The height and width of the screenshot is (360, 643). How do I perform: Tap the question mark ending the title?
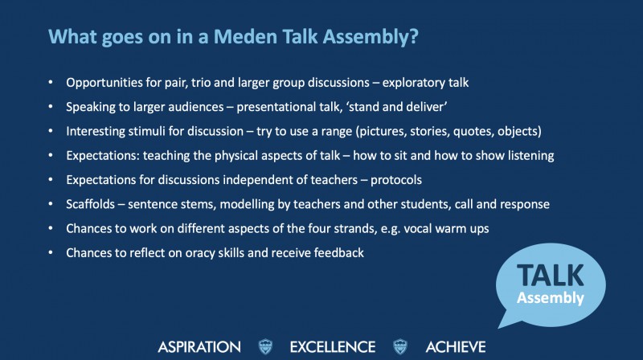pyautogui.click(x=413, y=36)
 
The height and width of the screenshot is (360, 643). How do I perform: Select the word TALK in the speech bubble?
pyautogui.click(x=550, y=275)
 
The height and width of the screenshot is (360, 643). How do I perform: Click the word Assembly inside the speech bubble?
pyautogui.click(x=550, y=298)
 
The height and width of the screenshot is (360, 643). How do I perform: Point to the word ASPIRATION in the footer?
pyautogui.click(x=199, y=347)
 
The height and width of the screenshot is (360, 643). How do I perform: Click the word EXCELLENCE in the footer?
pyautogui.click(x=333, y=347)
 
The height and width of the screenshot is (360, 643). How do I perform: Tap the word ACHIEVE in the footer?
pyautogui.click(x=456, y=347)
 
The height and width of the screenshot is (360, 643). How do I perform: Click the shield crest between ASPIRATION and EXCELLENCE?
pyautogui.click(x=266, y=347)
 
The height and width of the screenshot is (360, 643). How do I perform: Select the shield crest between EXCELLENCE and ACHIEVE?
pyautogui.click(x=400, y=347)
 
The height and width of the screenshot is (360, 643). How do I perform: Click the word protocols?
pyautogui.click(x=396, y=180)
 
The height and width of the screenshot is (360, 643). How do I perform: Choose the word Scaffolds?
pyautogui.click(x=91, y=204)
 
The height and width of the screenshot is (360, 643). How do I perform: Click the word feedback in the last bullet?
pyautogui.click(x=338, y=252)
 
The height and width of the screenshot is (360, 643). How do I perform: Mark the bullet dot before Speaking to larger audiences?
pyautogui.click(x=51, y=107)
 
